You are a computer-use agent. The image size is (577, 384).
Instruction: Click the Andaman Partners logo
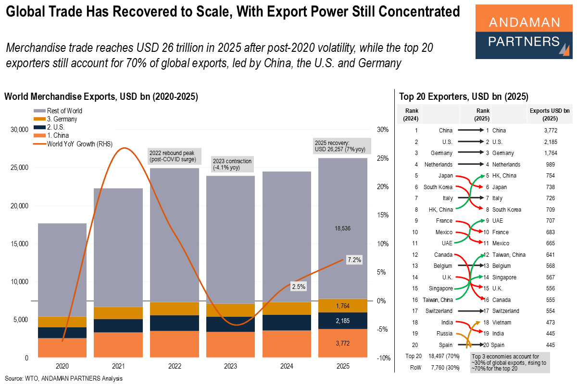tap(524, 32)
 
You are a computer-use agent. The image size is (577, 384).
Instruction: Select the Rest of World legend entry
tap(64, 111)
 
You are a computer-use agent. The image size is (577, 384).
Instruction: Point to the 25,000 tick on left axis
tap(19, 168)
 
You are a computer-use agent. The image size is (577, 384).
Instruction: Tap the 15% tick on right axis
tap(382, 215)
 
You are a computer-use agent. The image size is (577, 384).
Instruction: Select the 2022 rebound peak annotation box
tap(174, 155)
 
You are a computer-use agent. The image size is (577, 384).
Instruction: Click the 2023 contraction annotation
tap(232, 164)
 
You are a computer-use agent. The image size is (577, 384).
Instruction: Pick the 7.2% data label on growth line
tap(353, 260)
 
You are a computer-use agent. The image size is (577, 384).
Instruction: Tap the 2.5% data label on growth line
tap(298, 287)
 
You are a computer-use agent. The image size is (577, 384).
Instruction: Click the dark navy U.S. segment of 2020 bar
tap(62, 333)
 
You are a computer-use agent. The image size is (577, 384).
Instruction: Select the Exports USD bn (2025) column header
tap(551, 114)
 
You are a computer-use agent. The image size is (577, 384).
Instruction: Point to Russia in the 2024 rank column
tap(445, 333)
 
